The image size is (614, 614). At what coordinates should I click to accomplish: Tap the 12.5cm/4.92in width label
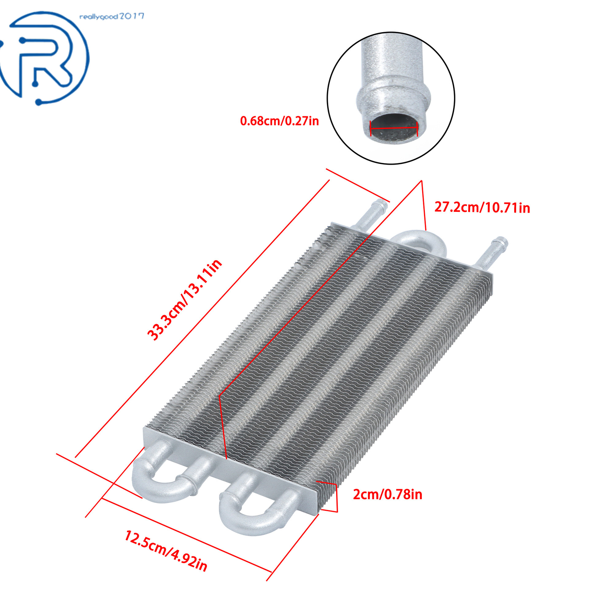point(166,551)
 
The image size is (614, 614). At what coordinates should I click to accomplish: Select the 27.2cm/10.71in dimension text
point(482,208)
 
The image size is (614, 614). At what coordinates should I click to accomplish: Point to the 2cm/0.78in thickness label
point(388,494)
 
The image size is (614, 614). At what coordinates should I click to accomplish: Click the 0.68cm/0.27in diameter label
point(279,121)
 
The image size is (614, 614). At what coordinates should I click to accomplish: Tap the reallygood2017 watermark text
point(112,17)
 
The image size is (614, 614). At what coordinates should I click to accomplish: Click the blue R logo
point(44,58)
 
